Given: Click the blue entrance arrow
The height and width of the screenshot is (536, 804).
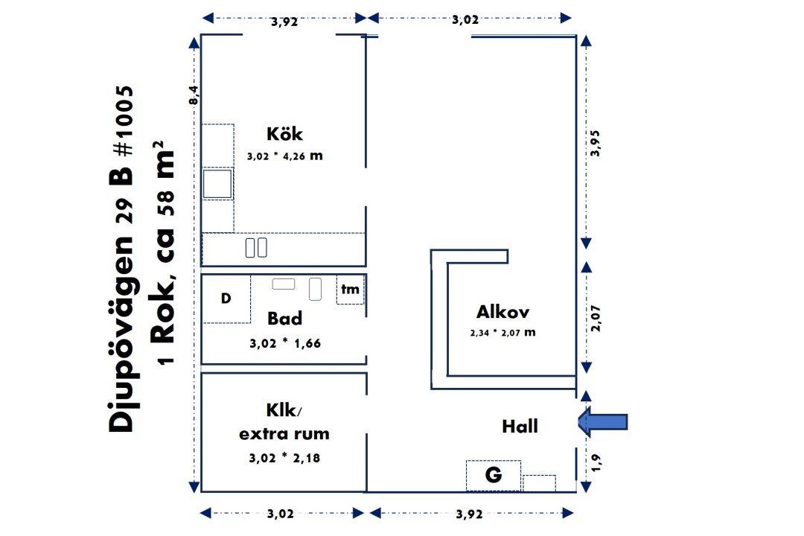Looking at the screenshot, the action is click(603, 421).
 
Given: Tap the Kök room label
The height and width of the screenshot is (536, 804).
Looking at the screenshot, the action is click(284, 134).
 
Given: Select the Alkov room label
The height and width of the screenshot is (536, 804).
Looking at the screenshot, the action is click(502, 311).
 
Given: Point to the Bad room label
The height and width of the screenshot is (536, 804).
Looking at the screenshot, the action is click(284, 318).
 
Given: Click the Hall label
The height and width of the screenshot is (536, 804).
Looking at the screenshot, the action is click(520, 427).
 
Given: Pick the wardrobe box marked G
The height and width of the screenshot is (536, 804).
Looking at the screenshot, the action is click(494, 476).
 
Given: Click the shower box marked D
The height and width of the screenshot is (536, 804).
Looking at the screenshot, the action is click(226, 299).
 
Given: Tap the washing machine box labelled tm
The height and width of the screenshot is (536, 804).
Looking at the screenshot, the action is click(350, 290).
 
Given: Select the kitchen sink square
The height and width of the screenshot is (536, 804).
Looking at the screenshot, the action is click(217, 183).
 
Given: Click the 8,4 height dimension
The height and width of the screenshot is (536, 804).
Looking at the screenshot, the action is click(193, 95).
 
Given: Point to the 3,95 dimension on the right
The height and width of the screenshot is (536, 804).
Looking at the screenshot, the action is click(595, 143).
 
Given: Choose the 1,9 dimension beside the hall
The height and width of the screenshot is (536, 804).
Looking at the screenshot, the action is click(596, 462).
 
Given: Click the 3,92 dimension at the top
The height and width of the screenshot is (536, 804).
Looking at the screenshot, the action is click(284, 22).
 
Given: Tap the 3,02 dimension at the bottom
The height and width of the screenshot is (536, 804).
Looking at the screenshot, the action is click(281, 514).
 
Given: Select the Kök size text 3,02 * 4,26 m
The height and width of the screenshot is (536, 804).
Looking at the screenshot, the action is click(285, 156).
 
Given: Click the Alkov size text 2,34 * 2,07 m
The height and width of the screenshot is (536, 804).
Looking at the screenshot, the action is click(502, 332).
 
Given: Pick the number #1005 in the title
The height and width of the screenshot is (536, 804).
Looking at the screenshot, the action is click(123, 121).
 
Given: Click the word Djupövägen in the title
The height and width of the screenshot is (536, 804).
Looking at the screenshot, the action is click(121, 334).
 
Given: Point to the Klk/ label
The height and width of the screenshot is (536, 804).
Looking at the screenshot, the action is click(284, 410).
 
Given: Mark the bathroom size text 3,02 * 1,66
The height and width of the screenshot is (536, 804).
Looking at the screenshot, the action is click(285, 343).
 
